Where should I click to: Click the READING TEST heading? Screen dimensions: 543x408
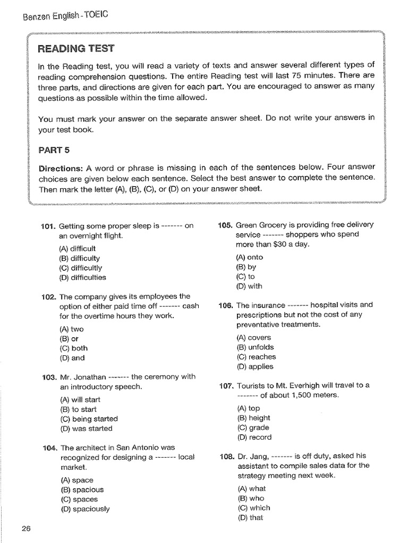click(75, 49)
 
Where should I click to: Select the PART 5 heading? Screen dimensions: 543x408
click(54, 150)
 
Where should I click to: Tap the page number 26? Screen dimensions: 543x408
click(27, 528)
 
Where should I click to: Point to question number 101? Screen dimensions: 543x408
click(48, 225)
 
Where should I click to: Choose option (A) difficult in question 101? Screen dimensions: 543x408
click(78, 248)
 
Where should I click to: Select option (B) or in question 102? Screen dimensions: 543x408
click(69, 338)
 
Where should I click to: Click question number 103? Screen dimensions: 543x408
click(48, 377)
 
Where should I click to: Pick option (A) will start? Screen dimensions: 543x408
click(80, 400)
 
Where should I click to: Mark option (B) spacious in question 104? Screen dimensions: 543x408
click(81, 489)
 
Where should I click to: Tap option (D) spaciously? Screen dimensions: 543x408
click(84, 509)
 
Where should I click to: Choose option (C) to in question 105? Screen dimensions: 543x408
click(245, 276)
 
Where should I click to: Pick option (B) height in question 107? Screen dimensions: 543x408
click(254, 418)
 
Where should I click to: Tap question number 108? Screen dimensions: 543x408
click(225, 456)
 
